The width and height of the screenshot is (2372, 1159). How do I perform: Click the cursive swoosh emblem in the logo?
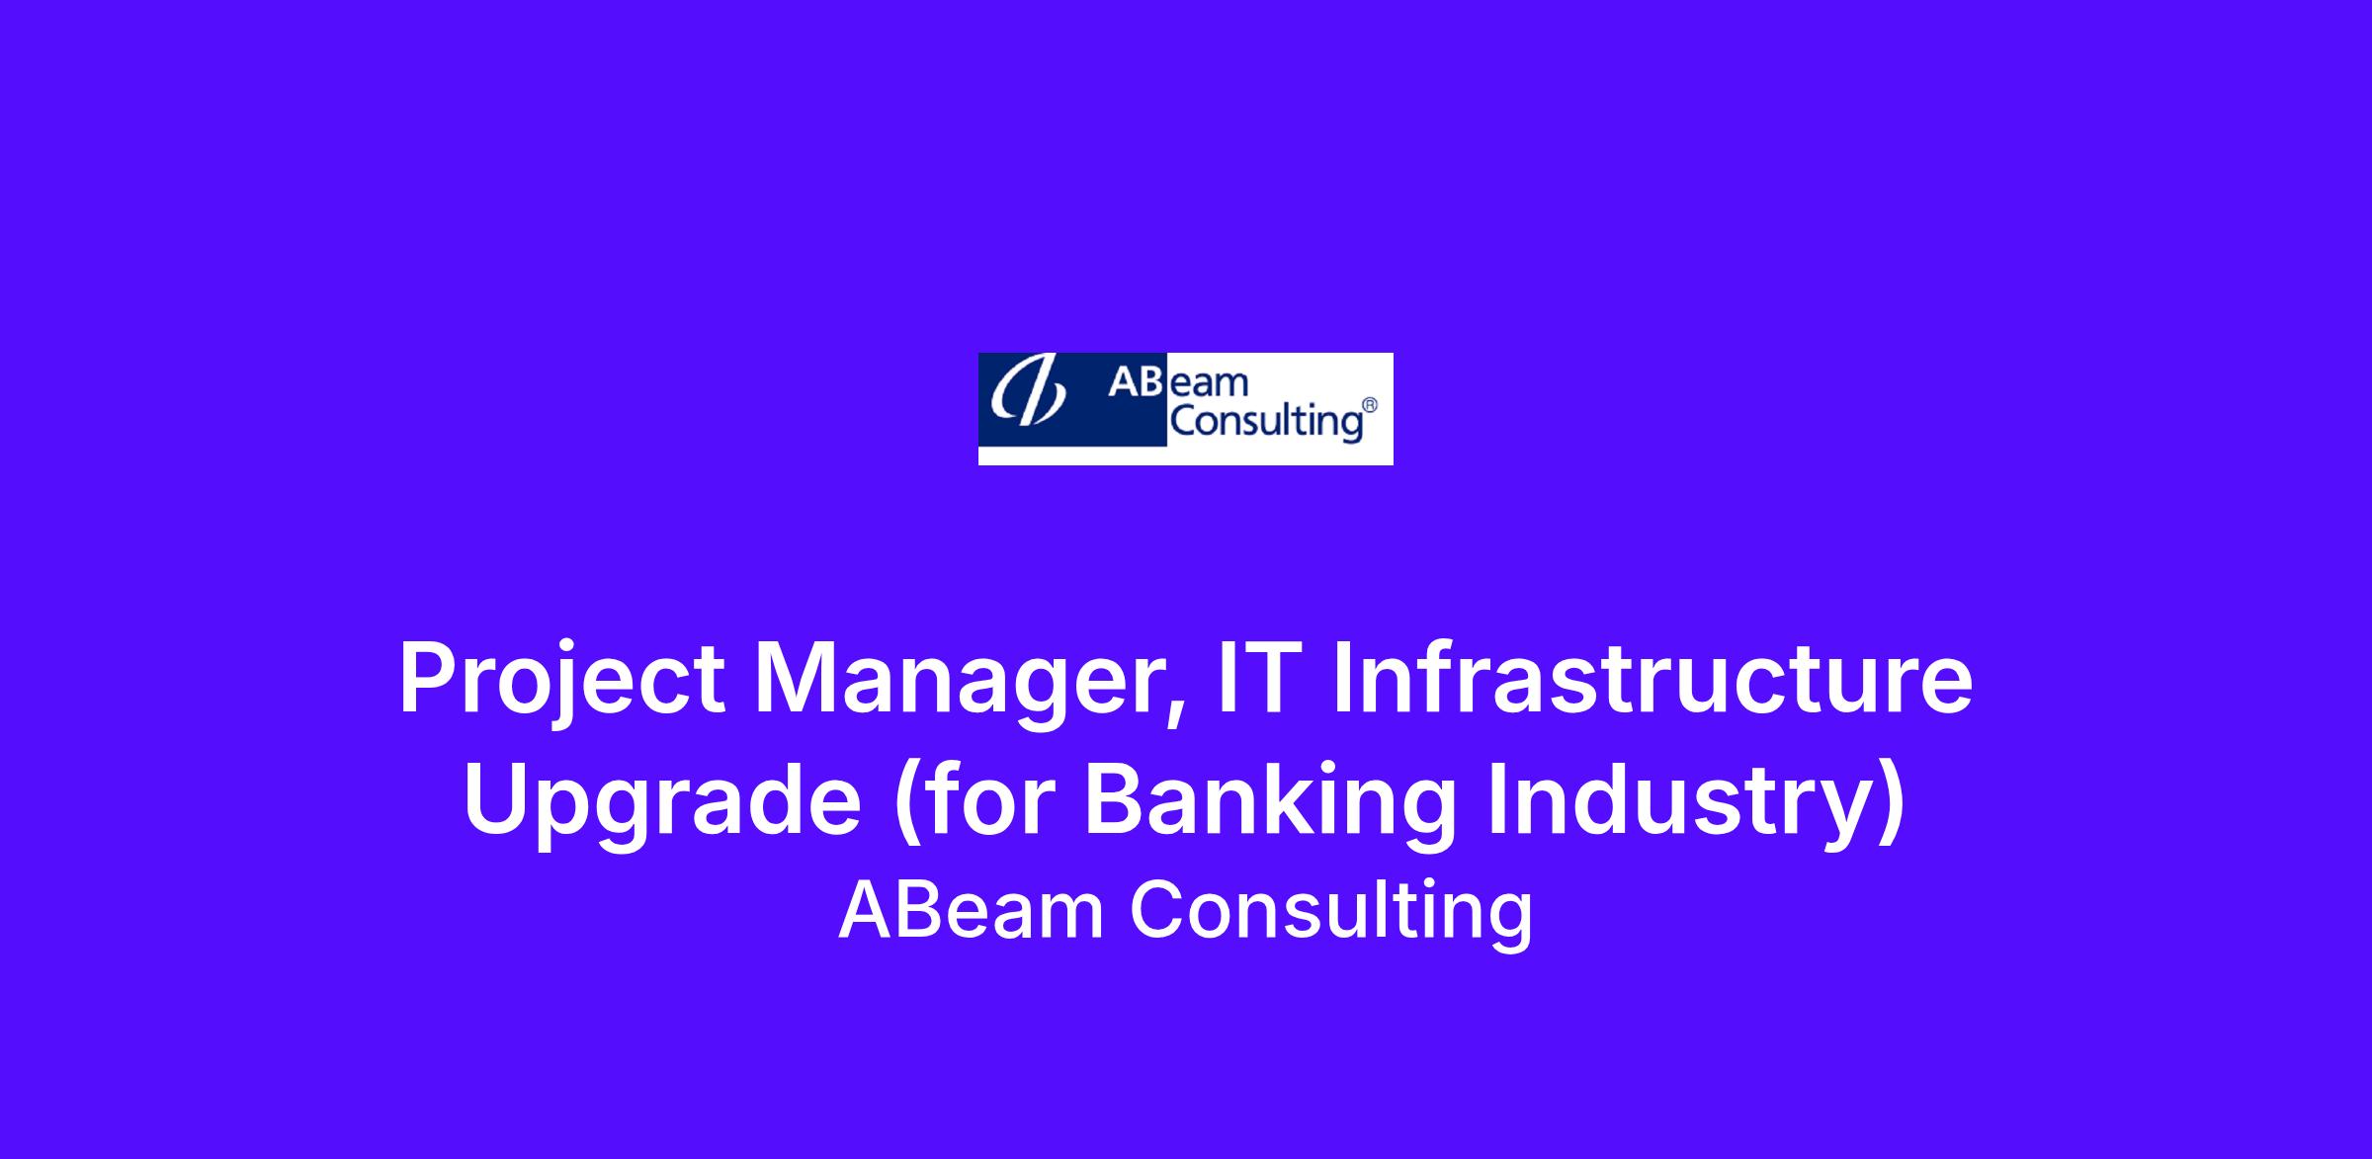[1028, 393]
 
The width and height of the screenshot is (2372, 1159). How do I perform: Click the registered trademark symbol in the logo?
[1370, 405]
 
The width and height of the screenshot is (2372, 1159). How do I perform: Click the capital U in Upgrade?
[494, 798]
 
